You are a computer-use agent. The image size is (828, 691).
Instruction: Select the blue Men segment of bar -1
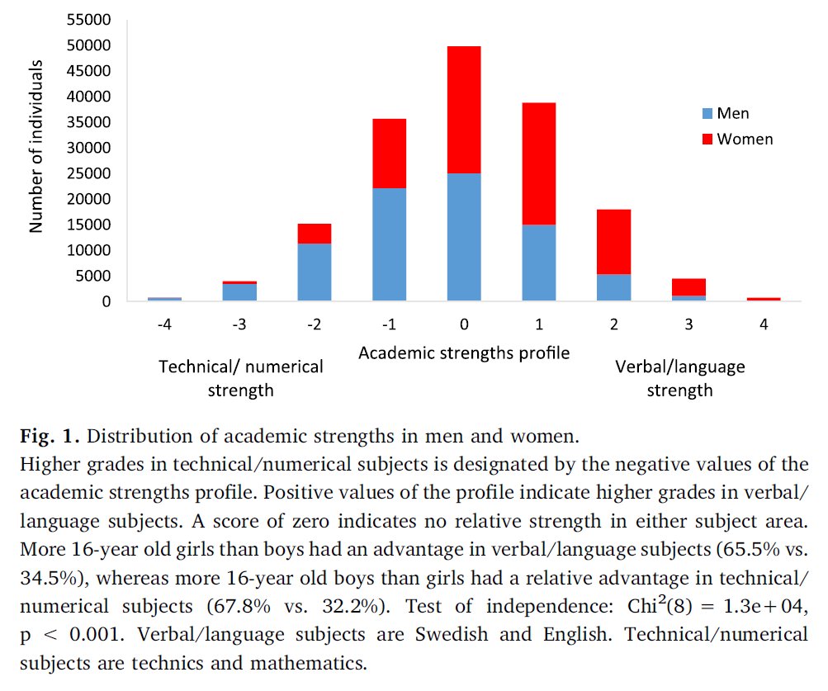[389, 244]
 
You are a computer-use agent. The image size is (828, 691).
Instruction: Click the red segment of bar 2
[613, 242]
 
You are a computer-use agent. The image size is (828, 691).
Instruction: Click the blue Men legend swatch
[706, 114]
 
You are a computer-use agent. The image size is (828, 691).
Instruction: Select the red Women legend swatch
[706, 139]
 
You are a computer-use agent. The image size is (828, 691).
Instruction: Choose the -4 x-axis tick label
[164, 324]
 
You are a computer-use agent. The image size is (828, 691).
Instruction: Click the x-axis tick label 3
[688, 324]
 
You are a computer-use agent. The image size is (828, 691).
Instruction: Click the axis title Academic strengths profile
[464, 353]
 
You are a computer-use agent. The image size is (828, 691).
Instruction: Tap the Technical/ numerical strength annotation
[239, 377]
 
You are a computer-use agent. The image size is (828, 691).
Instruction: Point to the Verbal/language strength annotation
[679, 377]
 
